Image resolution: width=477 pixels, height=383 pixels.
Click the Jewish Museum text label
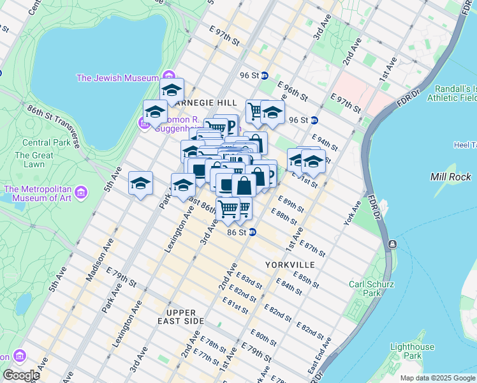[x=117, y=78]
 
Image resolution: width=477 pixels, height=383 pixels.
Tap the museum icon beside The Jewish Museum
[x=168, y=78]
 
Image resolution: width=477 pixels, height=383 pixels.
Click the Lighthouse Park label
[x=412, y=351]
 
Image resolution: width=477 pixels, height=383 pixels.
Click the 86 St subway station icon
[x=253, y=232]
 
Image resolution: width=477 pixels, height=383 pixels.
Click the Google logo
[x=20, y=375]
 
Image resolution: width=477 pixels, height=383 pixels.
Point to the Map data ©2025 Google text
[x=437, y=378]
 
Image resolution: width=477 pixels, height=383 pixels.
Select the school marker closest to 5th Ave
[x=140, y=183]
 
